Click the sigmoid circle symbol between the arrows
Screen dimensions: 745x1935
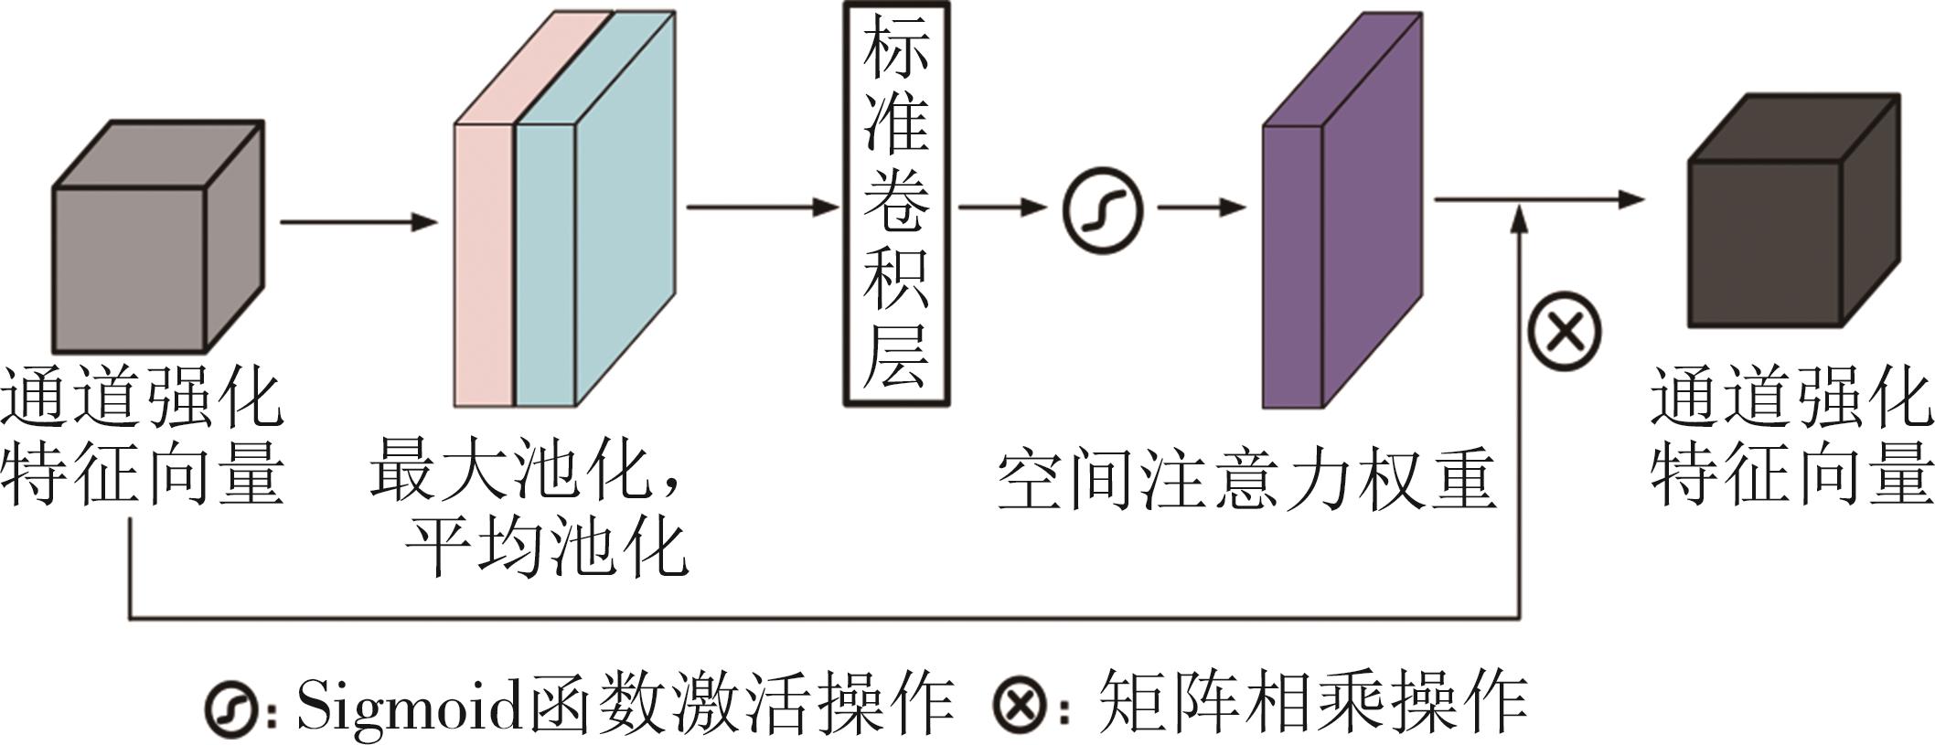pos(1103,209)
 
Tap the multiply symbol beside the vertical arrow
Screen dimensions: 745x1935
pos(1564,330)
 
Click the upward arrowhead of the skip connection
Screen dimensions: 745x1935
pos(1519,219)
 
